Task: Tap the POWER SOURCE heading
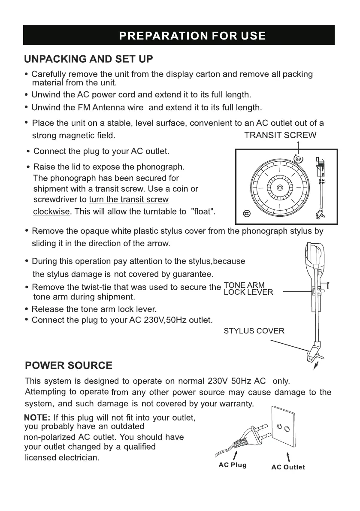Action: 69,366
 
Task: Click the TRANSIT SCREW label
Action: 280,136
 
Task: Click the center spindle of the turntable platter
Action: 280,188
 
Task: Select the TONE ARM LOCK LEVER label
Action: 248,289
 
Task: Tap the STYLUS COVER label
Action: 254,331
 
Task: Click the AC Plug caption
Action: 233,465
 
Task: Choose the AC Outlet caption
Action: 288,467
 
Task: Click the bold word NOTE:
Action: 38,417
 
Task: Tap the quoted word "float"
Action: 203,212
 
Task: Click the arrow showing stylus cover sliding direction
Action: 317,366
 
